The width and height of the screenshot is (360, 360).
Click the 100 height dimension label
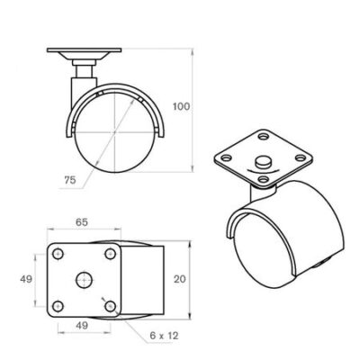tap(182, 106)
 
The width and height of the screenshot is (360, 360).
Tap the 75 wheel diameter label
tap(70, 180)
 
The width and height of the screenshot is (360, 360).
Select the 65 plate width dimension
tap(82, 222)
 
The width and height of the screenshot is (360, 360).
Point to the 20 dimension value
tap(180, 279)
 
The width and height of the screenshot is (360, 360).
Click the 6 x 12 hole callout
tap(164, 336)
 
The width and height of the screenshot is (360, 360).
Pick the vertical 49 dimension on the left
tap(26, 279)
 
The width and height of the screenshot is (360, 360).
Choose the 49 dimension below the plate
tap(81, 325)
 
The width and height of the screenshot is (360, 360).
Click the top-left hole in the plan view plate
tap(58, 255)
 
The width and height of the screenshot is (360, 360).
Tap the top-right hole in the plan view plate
tap(111, 255)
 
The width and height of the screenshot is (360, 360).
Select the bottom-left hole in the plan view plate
tap(58, 306)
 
